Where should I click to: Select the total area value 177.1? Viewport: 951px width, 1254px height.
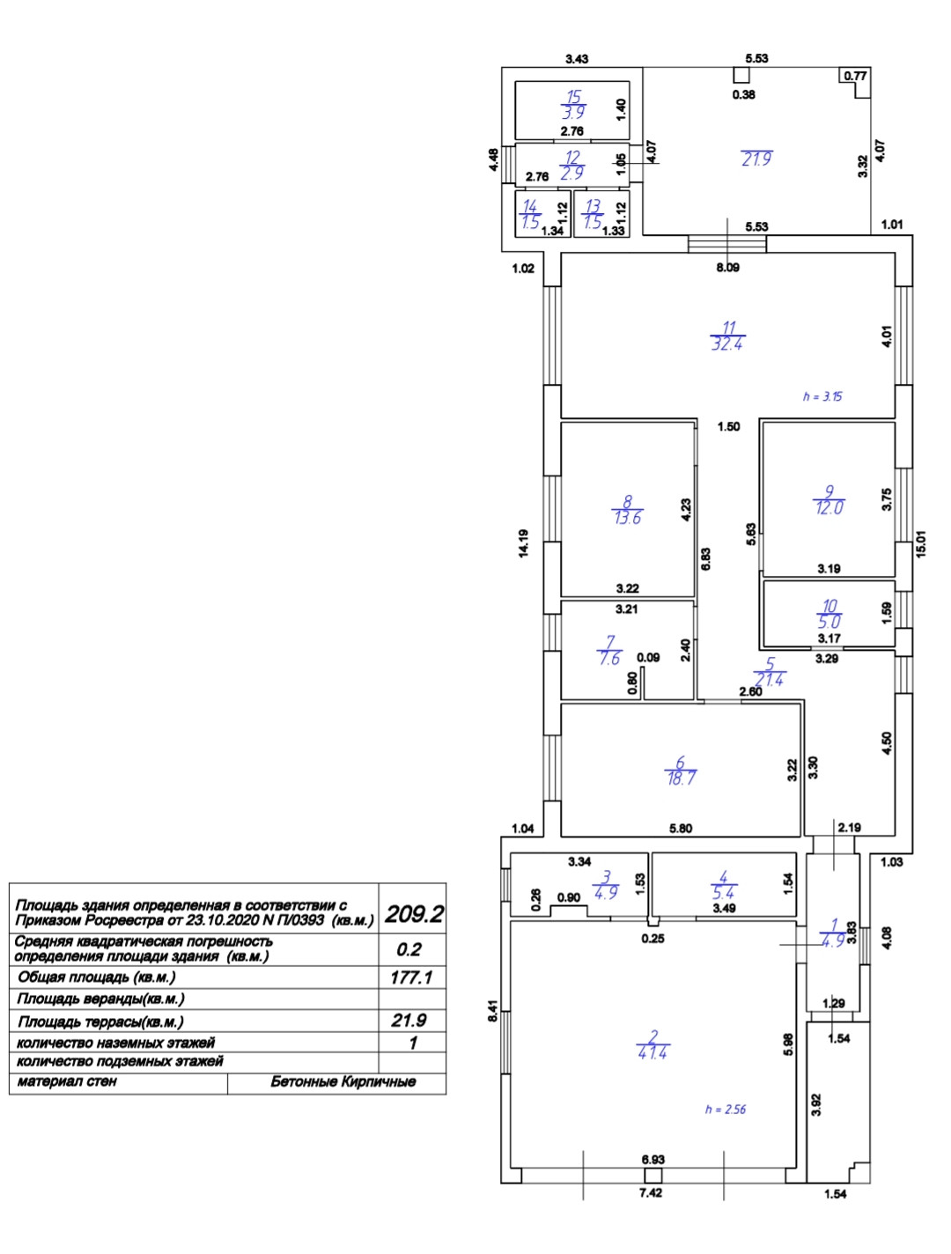point(412,977)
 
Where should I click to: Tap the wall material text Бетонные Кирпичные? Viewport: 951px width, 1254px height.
point(343,1081)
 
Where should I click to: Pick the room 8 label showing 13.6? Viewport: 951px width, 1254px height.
point(628,510)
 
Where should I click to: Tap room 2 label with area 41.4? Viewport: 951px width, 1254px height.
point(653,1044)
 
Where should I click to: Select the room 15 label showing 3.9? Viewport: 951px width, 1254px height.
point(573,104)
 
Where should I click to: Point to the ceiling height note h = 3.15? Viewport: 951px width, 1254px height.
point(822,396)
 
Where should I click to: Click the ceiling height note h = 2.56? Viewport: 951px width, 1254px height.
point(725,1110)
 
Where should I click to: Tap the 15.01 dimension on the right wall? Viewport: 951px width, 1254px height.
point(922,542)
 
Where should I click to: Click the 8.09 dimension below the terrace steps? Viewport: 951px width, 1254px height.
point(727,268)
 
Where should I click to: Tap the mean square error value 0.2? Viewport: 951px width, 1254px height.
point(409,949)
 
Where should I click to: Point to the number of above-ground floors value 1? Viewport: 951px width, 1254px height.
point(412,1043)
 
